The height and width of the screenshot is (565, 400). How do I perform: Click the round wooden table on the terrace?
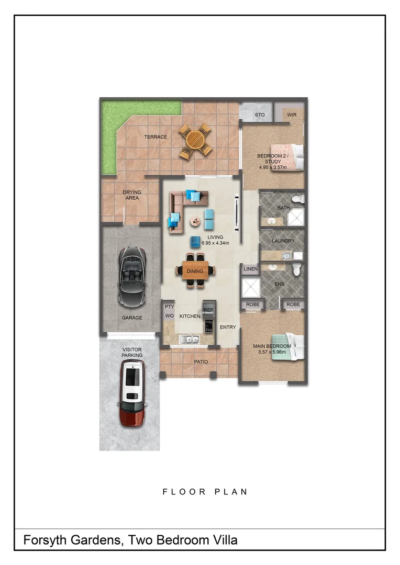(x=195, y=140)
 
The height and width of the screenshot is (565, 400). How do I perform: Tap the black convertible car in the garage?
(x=132, y=276)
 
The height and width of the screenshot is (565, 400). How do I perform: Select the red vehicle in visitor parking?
(x=132, y=392)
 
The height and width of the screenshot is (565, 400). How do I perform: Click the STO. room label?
(x=260, y=115)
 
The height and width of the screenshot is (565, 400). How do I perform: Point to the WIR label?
(x=292, y=115)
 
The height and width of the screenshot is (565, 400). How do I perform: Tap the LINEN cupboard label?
(x=250, y=269)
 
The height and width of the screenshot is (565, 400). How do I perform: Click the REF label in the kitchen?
(x=208, y=310)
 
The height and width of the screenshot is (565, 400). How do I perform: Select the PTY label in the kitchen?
(x=169, y=307)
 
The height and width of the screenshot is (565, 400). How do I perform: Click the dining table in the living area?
(x=195, y=271)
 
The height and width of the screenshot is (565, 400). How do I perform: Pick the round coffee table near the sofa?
(x=195, y=222)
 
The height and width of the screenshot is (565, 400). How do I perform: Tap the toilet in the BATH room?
(x=298, y=199)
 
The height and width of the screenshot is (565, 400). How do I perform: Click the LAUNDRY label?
(x=283, y=241)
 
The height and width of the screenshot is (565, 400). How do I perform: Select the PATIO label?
(x=201, y=362)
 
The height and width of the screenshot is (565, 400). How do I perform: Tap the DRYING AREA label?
(x=131, y=195)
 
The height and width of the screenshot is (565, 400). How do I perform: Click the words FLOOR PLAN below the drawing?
(x=205, y=492)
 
